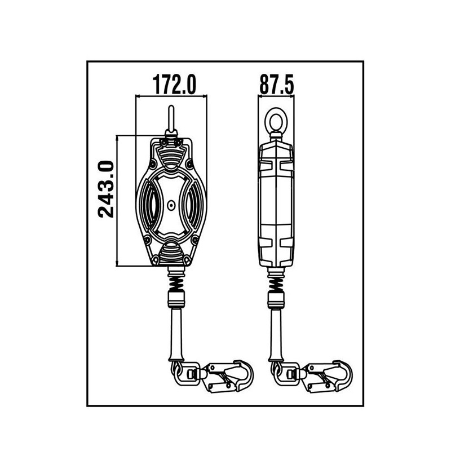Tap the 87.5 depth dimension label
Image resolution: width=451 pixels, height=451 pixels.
coord(277,85)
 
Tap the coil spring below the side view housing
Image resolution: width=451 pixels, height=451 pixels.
coord(276,280)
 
